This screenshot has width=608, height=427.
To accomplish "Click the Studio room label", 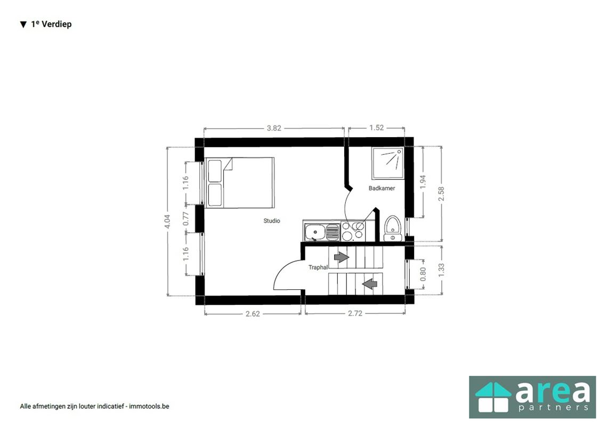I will pos(271,220).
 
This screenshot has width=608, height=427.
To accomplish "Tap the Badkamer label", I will pos(382,188).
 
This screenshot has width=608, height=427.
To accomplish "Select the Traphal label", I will pos(318,267).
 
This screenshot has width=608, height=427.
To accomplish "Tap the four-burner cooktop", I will pos(353,232).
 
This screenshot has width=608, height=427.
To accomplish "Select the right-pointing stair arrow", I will pos(341,257).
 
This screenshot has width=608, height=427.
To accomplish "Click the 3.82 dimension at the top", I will pos(274,128).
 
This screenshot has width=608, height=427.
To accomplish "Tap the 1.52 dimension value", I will pos(376,128).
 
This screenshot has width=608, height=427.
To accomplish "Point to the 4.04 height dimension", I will pos(167,222).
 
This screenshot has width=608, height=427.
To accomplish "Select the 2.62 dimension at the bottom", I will pos(253,314).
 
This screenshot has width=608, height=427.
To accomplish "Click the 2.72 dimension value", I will pos(355,314).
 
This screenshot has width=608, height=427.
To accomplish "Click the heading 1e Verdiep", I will pos(51,24).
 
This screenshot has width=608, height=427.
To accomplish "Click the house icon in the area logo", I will pos(492,397).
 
